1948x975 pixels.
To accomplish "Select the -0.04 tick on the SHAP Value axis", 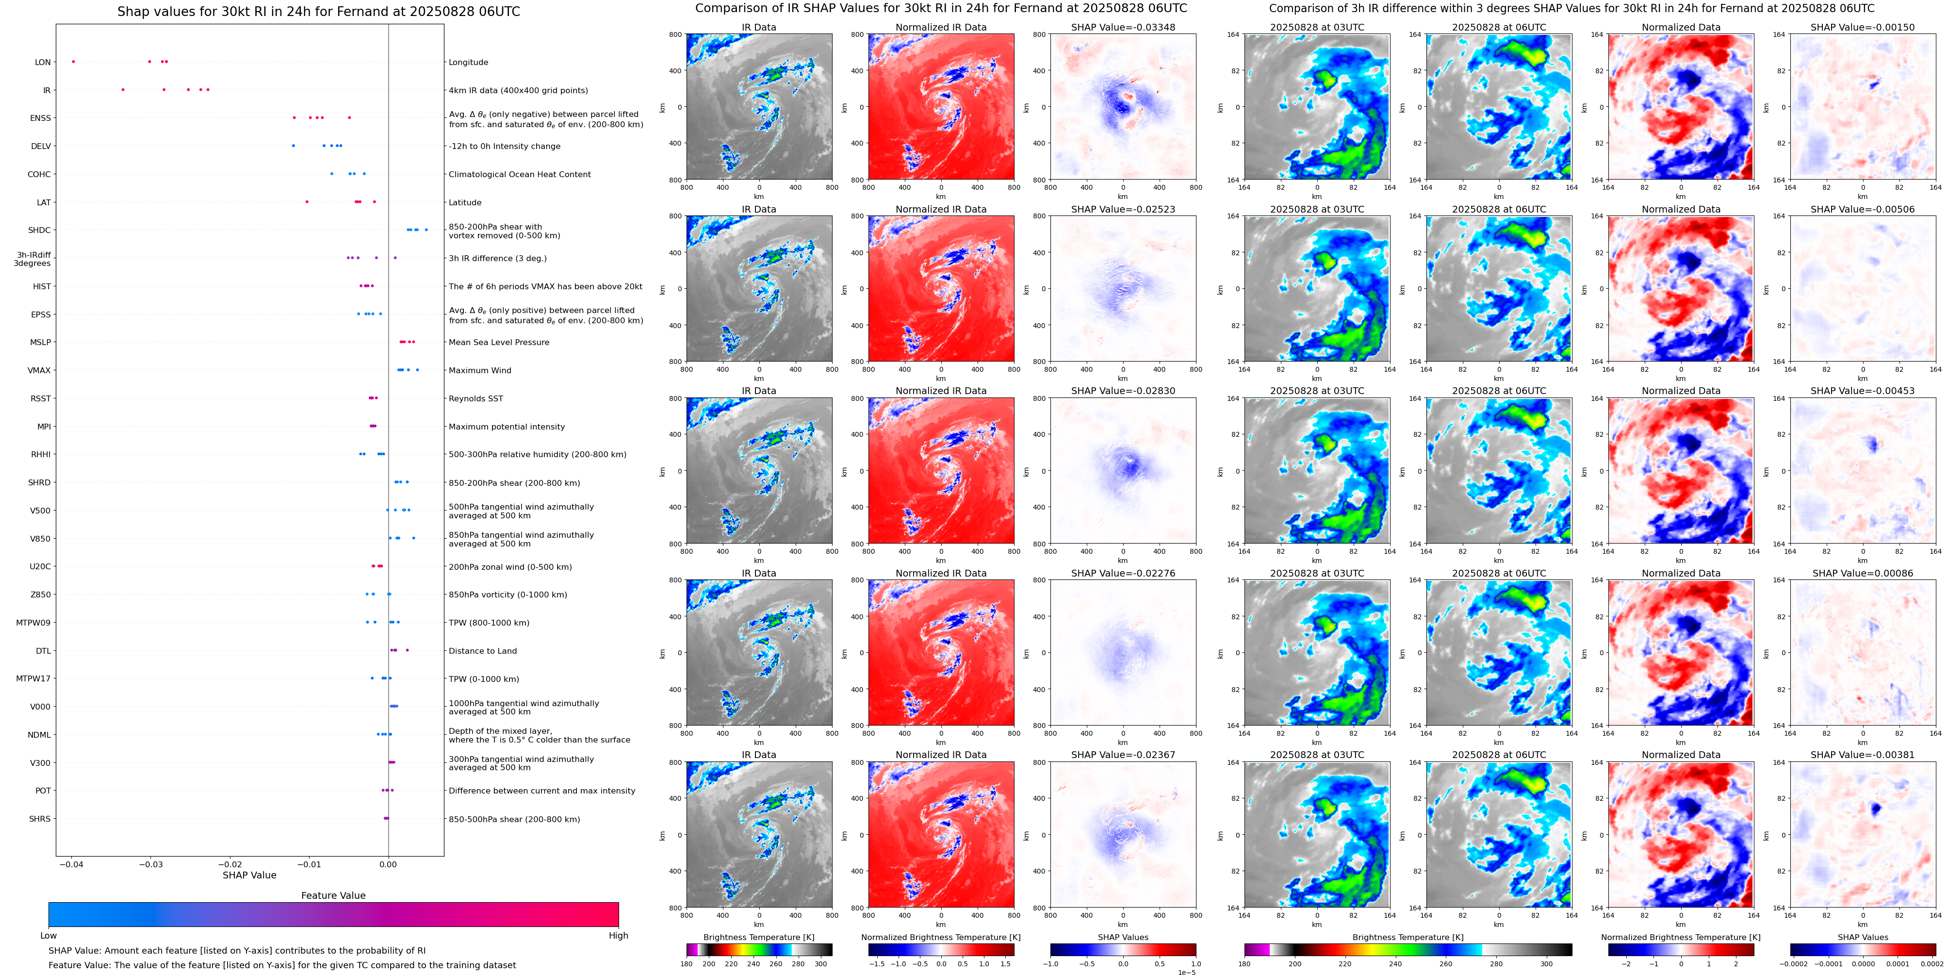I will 72,864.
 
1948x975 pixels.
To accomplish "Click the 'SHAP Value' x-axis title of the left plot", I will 249,875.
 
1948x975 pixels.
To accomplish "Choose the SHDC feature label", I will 39,231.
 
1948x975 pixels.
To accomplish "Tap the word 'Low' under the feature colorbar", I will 49,936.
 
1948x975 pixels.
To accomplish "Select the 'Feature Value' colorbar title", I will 333,895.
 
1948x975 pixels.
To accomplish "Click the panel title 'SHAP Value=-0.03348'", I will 1123,27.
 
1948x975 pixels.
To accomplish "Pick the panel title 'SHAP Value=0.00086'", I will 1863,573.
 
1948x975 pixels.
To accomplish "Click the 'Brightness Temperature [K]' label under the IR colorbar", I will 758,937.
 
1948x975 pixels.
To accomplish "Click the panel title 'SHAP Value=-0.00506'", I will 1863,210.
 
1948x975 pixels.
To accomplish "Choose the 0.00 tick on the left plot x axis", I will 388,864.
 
